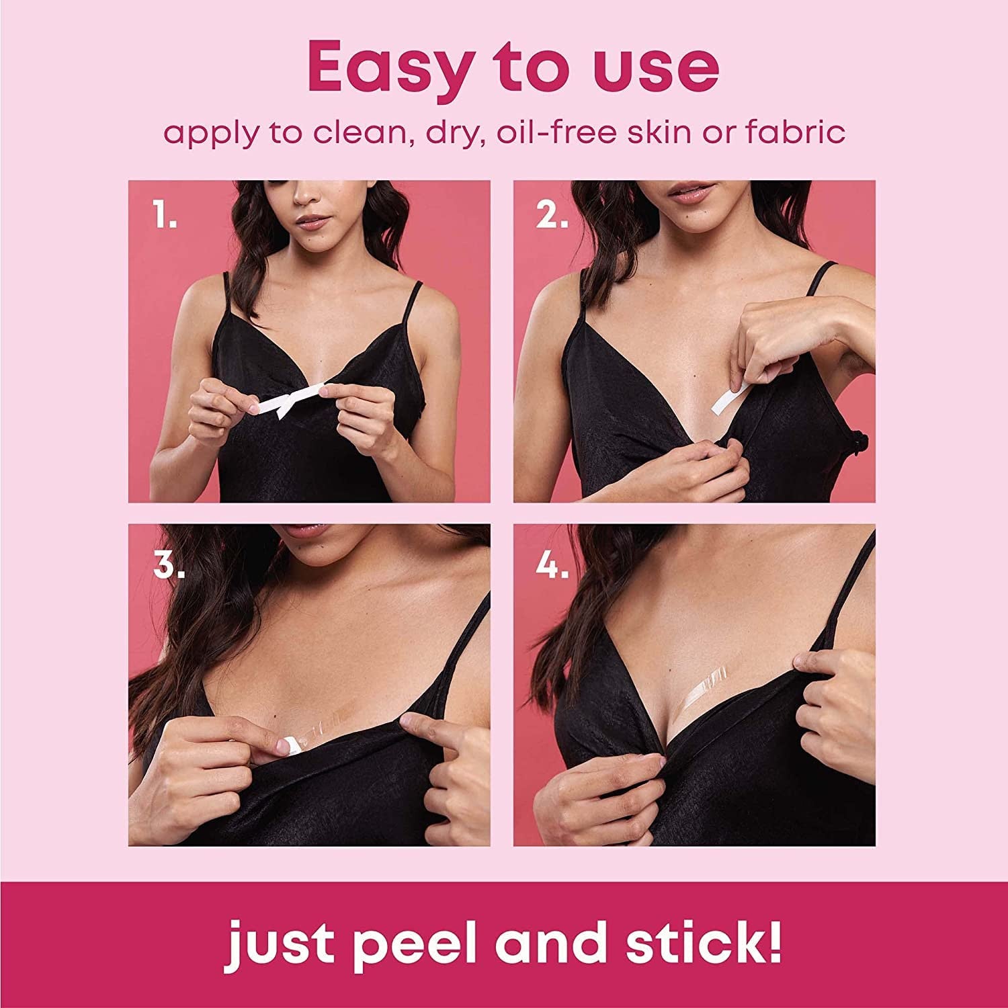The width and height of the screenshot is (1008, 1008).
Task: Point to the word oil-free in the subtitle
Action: (x=554, y=132)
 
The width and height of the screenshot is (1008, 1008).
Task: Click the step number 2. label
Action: (x=552, y=216)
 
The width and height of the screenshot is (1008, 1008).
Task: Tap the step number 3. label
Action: (x=169, y=566)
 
